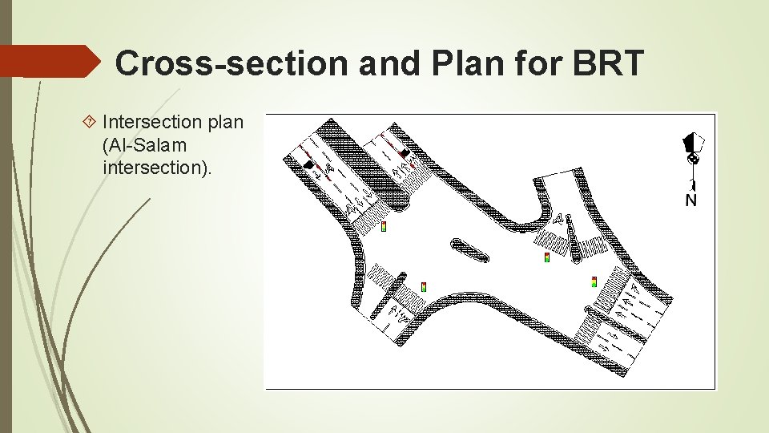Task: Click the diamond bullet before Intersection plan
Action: pos(91,122)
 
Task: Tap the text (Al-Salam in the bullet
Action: pos(144,146)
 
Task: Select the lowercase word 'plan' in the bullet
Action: pos(223,122)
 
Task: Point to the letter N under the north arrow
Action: pos(690,200)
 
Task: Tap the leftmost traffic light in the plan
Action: pos(384,226)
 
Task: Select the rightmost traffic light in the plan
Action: pos(594,281)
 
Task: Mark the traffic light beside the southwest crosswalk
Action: pos(423,286)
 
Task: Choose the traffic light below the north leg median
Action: pos(546,257)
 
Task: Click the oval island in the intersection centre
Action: pos(470,250)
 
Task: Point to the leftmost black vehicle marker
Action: pos(309,165)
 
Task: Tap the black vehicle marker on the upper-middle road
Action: pos(405,153)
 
